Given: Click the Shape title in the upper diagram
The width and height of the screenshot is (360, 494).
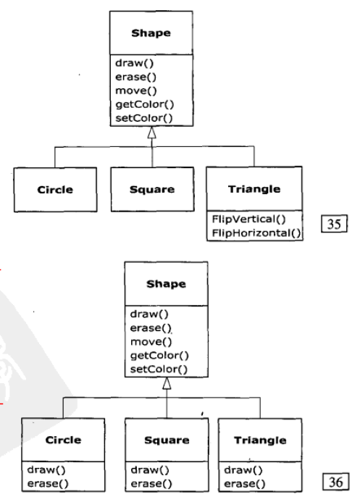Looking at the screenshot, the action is [151, 33].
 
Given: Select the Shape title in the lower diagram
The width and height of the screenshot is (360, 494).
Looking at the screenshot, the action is [166, 284].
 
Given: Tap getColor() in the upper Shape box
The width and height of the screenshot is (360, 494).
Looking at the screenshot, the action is [145, 104].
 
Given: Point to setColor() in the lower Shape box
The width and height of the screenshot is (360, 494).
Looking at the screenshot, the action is [159, 369].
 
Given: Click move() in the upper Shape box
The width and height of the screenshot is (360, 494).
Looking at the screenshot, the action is [136, 91].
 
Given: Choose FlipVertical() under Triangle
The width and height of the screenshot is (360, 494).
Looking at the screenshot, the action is [249, 219].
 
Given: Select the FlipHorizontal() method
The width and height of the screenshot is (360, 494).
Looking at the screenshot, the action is [256, 233].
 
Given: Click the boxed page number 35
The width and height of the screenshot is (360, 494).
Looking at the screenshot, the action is [334, 224].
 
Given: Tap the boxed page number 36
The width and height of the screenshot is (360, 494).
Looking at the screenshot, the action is [336, 482].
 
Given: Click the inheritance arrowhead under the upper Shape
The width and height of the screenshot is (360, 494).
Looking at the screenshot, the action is [152, 133].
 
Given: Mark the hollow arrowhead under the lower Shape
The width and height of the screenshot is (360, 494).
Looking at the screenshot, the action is [167, 383].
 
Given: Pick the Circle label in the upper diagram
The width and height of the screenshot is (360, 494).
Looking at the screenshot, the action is [55, 190].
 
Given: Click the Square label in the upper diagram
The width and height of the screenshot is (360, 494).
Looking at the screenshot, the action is [152, 189].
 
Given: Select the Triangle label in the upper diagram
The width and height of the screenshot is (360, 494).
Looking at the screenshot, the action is [254, 189].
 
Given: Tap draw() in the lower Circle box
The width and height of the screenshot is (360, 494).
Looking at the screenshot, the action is [46, 470].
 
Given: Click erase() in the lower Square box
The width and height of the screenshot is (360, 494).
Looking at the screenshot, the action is [151, 483].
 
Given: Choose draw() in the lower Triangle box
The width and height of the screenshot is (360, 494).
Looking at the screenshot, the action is [243, 470].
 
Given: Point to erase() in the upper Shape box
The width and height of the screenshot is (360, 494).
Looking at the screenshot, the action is [135, 77].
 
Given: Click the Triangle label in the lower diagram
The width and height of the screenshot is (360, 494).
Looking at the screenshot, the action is [260, 440].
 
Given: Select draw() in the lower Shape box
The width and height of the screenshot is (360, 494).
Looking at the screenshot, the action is [149, 314].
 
